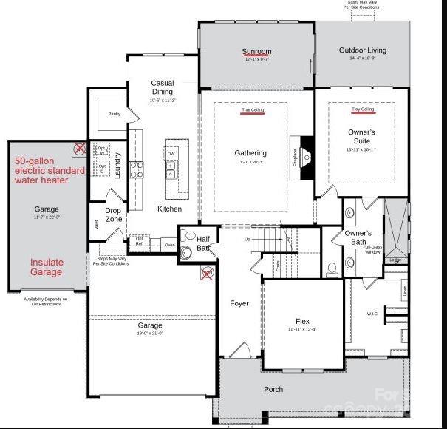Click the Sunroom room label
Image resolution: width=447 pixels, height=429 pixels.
pos(256,52)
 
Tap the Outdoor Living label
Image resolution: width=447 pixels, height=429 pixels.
pos(362,50)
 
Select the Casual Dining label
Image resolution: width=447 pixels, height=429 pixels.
pos(162,87)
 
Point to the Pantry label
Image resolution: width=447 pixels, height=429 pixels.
pos(114,114)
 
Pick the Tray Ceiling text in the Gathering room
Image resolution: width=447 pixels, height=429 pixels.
pos(252,110)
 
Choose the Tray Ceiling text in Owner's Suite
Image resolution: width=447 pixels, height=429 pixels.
pos(362,109)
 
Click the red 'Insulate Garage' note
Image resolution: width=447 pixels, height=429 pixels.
pos(47,267)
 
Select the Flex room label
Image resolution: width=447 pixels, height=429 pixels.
pos(302,321)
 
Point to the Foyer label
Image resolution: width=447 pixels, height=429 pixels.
pos(239,303)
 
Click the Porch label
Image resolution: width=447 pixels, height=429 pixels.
pos(273,389)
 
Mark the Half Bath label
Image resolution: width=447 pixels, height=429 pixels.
pos(204,243)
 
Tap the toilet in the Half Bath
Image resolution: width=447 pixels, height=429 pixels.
pos(187,252)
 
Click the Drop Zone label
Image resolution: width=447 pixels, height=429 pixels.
pos(114,214)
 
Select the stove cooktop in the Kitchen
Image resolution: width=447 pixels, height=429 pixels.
pos(137,169)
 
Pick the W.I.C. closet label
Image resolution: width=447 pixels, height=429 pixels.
pos(372,314)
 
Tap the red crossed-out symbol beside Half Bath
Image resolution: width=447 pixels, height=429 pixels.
pos(207,274)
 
